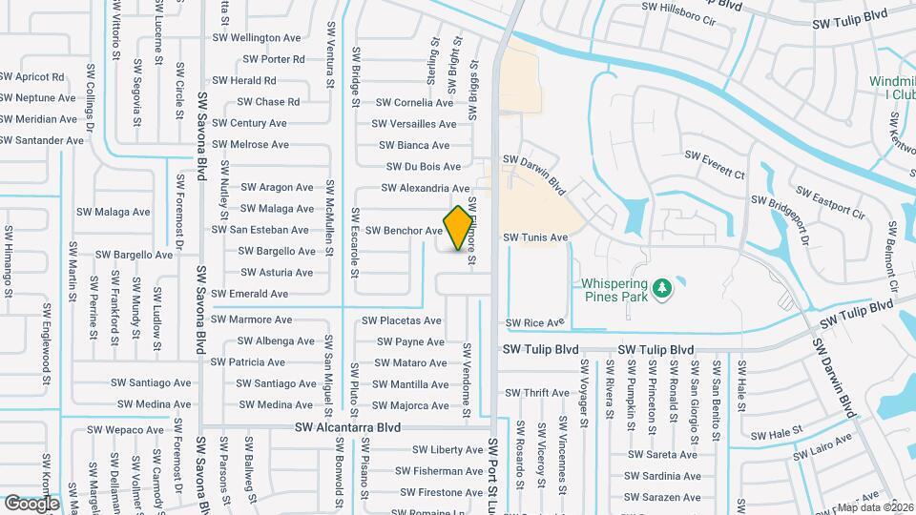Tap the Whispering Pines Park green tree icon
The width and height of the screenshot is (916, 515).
click(661, 285)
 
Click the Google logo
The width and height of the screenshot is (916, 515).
click(31, 504)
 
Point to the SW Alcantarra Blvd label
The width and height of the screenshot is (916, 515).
click(347, 428)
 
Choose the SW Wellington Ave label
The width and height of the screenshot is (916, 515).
click(257, 38)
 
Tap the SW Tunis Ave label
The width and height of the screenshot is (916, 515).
click(535, 237)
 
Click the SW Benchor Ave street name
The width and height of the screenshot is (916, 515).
click(405, 231)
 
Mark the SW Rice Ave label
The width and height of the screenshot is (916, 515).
click(535, 323)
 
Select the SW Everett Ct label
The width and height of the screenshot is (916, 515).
click(716, 162)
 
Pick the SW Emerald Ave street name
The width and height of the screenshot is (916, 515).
click(249, 294)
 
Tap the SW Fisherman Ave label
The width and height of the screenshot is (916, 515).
click(448, 471)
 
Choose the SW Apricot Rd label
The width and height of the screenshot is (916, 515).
click(32, 77)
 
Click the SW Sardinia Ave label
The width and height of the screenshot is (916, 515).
click(663, 476)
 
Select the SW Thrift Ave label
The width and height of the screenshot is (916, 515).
click(537, 393)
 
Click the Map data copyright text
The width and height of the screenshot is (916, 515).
click(875, 507)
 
